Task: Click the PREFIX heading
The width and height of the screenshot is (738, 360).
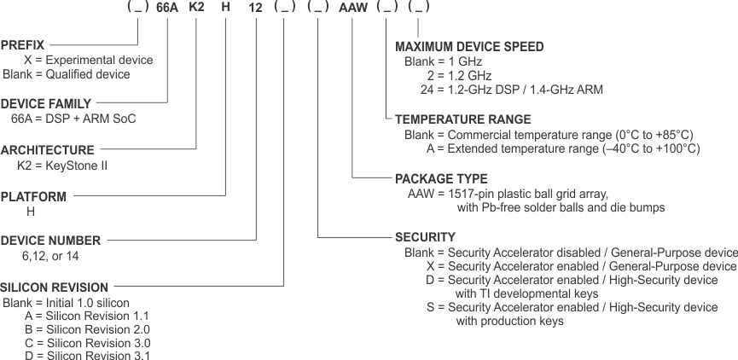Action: pyautogui.click(x=23, y=44)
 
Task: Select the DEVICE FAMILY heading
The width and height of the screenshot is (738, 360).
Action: pyautogui.click(x=46, y=103)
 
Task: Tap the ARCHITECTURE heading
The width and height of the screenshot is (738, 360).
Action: pyautogui.click(x=48, y=149)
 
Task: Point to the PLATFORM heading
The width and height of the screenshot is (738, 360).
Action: pyautogui.click(x=33, y=196)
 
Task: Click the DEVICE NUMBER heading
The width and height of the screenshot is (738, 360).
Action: pyautogui.click(x=50, y=241)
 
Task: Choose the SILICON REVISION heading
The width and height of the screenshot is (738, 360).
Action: pyautogui.click(x=55, y=287)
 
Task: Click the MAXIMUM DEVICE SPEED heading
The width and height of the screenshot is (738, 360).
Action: pyautogui.click(x=469, y=46)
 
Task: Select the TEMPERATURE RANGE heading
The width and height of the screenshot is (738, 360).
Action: pyautogui.click(x=463, y=119)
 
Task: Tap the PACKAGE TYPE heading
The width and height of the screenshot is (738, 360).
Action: pyautogui.click(x=441, y=179)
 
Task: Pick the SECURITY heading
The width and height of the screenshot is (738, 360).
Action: pyautogui.click(x=425, y=236)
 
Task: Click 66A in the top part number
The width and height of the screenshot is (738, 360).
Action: pyautogui.click(x=167, y=8)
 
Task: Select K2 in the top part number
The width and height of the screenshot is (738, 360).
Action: pyautogui.click(x=197, y=8)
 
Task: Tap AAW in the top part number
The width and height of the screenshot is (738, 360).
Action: pyautogui.click(x=352, y=8)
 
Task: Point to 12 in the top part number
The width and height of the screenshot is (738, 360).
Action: pyautogui.click(x=256, y=8)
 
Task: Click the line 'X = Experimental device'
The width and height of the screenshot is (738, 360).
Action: pyautogui.click(x=89, y=60)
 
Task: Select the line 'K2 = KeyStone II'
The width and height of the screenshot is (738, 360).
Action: pyautogui.click(x=62, y=165)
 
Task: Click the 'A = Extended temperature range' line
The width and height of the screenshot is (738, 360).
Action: pyautogui.click(x=563, y=148)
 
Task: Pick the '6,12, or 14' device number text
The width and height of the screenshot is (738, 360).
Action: pyautogui.click(x=50, y=256)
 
